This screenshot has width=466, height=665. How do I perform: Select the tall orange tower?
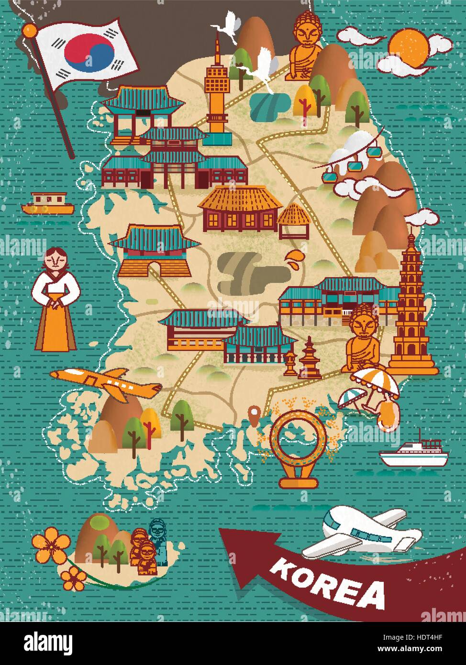(218, 91)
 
